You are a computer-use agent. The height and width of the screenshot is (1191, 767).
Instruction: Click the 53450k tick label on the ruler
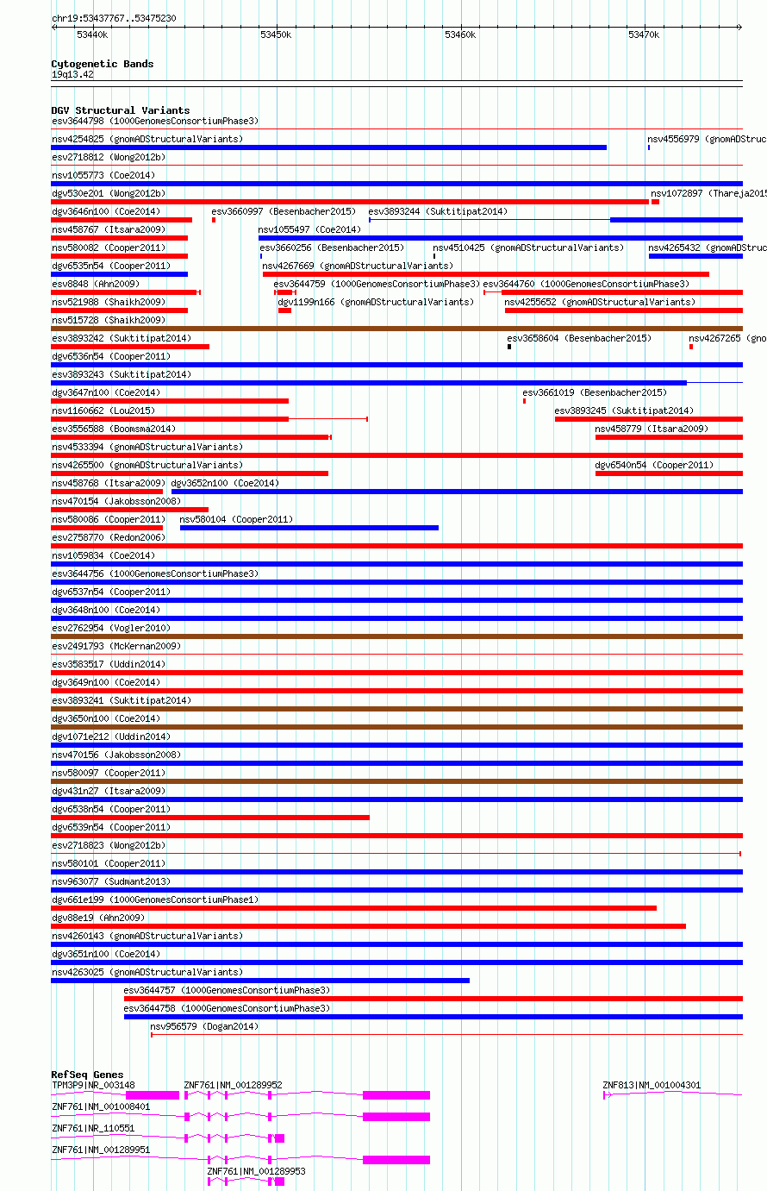(x=276, y=34)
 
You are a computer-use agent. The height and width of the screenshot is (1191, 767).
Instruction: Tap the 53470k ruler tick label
(x=643, y=34)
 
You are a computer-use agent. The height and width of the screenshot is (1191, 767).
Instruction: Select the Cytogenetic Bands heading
(x=102, y=64)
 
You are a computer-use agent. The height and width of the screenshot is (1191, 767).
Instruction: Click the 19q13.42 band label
(x=72, y=74)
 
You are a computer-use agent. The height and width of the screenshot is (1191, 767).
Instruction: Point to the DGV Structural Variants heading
(x=120, y=110)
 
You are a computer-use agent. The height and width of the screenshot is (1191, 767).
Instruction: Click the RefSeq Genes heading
(x=87, y=1075)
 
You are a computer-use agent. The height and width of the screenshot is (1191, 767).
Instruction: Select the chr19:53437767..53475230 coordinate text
(x=114, y=18)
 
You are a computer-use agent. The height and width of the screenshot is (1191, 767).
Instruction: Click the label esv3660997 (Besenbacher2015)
(x=283, y=211)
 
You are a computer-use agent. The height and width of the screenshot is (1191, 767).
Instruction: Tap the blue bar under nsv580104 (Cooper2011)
(x=309, y=528)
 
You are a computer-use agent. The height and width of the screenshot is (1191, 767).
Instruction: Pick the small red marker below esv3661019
(x=524, y=401)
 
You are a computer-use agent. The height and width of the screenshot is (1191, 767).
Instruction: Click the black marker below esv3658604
(x=509, y=347)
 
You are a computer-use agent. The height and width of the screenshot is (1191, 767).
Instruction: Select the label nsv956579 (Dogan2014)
(x=204, y=1026)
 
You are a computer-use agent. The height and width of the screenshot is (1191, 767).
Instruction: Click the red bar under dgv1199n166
(x=284, y=310)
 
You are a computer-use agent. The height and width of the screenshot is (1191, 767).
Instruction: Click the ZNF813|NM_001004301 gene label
(x=652, y=1085)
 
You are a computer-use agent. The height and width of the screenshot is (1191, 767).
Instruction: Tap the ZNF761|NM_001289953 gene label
(x=256, y=1171)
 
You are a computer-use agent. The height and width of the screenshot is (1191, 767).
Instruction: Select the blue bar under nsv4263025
(x=260, y=981)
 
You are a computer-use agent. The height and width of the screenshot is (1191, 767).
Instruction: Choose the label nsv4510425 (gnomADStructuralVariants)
(x=528, y=248)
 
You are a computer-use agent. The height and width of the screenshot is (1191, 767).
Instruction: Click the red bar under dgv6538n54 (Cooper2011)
(x=210, y=818)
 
